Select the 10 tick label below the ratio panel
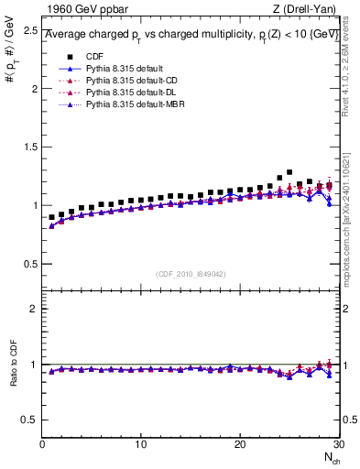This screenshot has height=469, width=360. (x=140, y=444)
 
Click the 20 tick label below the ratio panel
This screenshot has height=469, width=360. (x=239, y=444)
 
